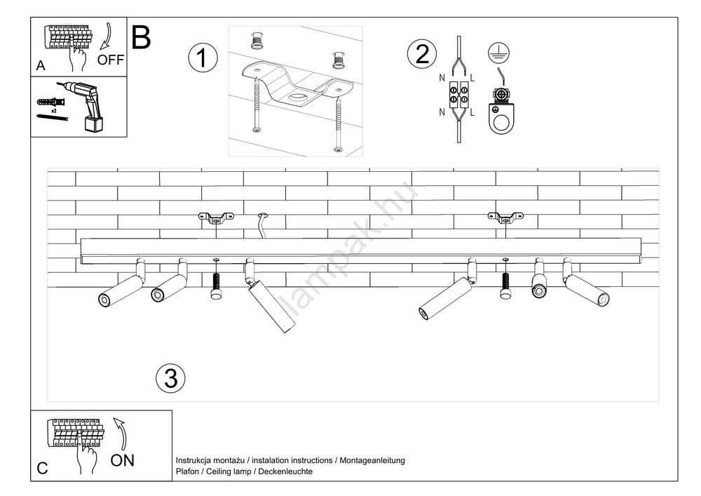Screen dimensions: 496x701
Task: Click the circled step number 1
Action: [x=202, y=58]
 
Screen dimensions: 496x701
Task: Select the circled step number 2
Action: [x=422, y=54]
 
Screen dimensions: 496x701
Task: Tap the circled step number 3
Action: [x=170, y=379]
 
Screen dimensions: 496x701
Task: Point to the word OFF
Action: [x=111, y=60]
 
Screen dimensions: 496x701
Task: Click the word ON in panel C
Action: [x=123, y=460]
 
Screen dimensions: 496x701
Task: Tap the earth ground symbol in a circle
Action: [x=498, y=51]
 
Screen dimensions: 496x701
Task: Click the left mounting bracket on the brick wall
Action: [x=215, y=218]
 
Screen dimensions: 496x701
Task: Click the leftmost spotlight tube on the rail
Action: [x=121, y=288]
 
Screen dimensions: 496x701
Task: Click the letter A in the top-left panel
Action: [x=41, y=66]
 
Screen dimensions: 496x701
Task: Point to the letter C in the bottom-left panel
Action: [x=42, y=469]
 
